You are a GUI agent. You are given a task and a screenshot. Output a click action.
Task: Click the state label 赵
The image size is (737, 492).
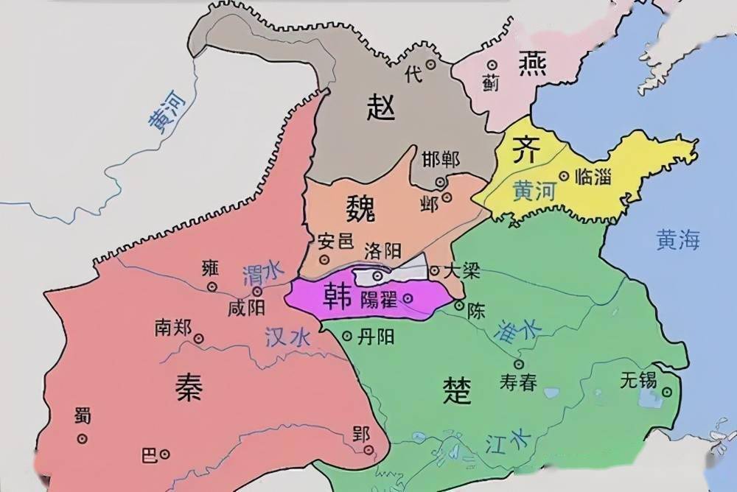point(381,109)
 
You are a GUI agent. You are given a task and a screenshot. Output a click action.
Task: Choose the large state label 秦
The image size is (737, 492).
point(188,384)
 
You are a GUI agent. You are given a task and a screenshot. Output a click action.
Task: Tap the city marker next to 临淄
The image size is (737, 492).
point(564,176)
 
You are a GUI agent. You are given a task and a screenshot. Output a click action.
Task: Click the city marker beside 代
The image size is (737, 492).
point(431,65)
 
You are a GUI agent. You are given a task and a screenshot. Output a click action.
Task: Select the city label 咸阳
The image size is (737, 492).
point(246,307)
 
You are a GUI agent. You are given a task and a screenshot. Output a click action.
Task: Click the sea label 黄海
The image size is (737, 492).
point(679,240)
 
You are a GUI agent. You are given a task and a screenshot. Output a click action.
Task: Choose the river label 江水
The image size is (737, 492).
point(508,443)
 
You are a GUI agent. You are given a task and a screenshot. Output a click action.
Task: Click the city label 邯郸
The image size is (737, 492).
point(441,160)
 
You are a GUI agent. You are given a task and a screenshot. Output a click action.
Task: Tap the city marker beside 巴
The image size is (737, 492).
point(166,454)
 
